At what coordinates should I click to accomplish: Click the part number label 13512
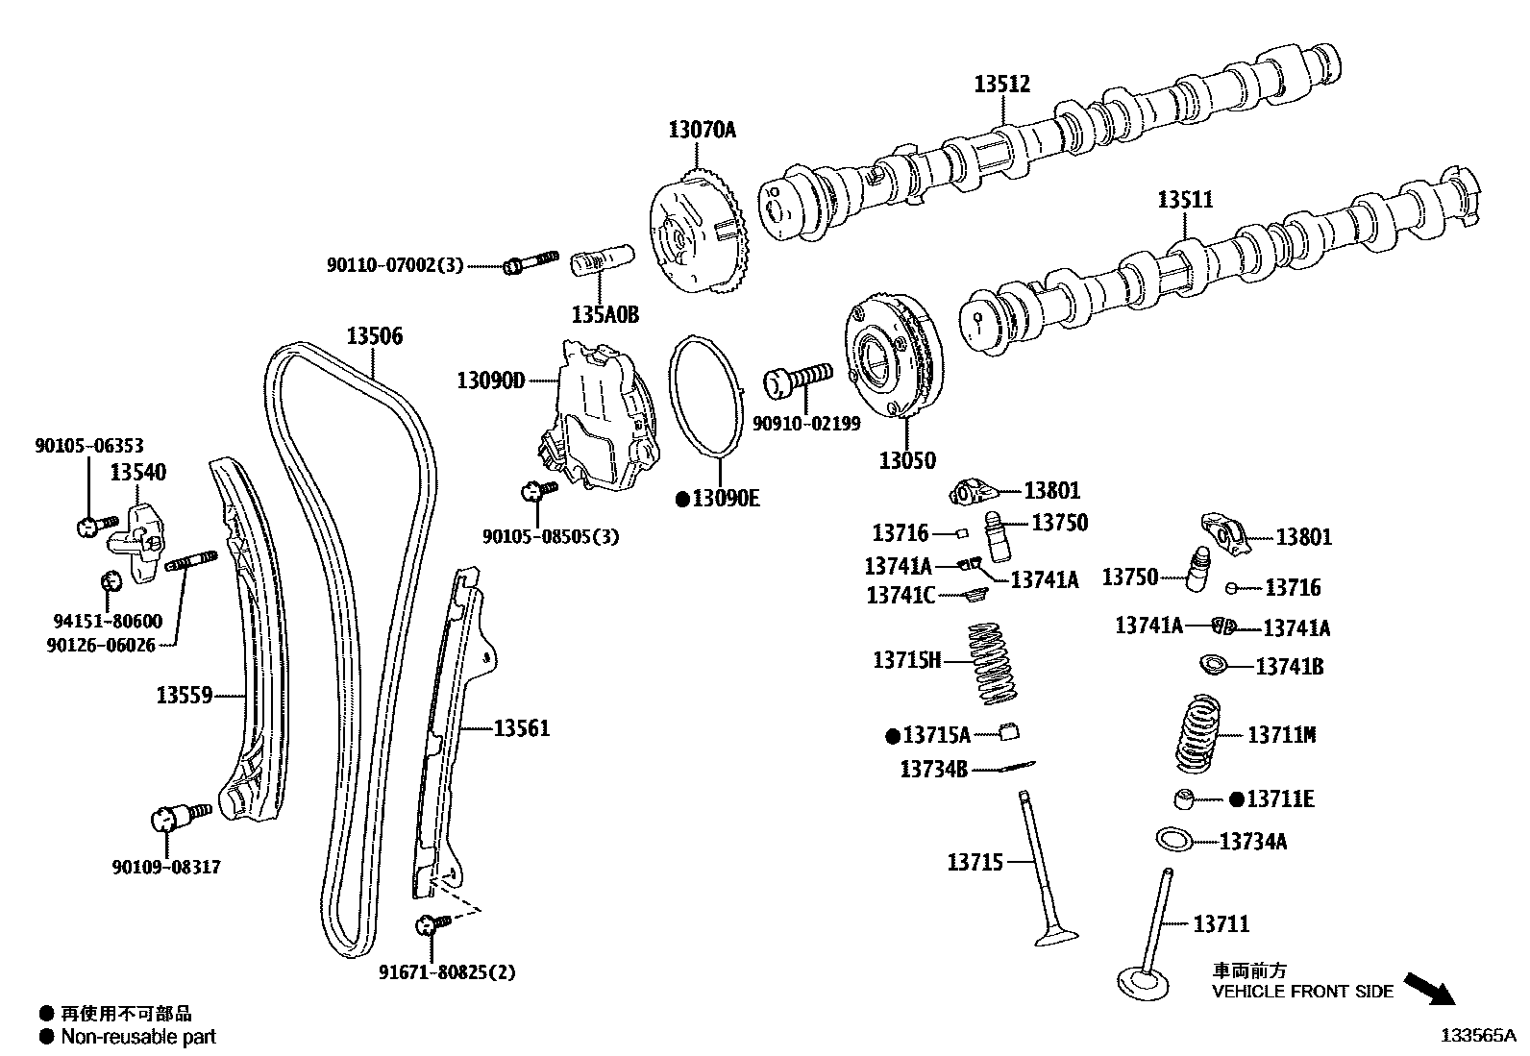[x=1001, y=85]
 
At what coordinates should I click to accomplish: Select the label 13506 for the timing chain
[x=374, y=336]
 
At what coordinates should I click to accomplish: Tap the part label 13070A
[x=702, y=129]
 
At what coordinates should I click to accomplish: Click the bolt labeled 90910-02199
[x=797, y=379]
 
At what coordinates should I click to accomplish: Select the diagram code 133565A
[x=1476, y=1036]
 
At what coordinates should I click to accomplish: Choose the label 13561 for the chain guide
[x=521, y=728]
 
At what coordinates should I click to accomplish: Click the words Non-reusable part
[x=138, y=1037]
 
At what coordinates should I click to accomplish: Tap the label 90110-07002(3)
[x=394, y=264]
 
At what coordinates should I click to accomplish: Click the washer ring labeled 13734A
[x=1172, y=839]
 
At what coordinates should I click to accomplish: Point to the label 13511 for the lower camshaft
[x=1184, y=200]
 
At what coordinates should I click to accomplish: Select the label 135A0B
[x=605, y=314]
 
